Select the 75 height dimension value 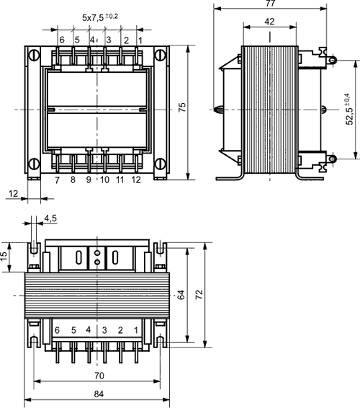click(182, 106)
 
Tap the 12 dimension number click(14, 193)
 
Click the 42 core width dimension click(269, 22)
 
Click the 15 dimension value click(5, 255)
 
